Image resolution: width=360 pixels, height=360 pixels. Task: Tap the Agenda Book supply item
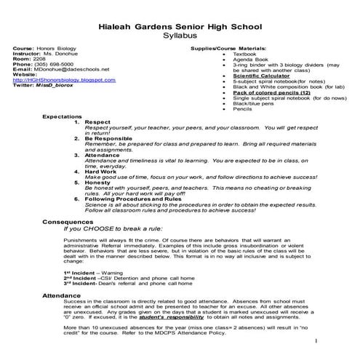[x=247, y=59]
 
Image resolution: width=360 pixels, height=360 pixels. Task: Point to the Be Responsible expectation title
[x=109, y=135]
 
